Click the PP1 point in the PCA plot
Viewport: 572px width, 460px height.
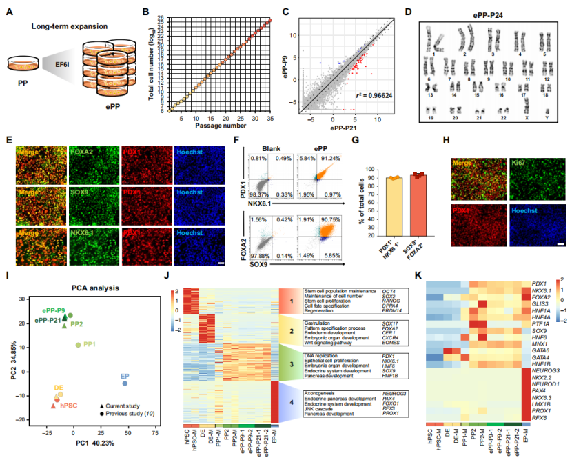pyautogui.click(x=78, y=344)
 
